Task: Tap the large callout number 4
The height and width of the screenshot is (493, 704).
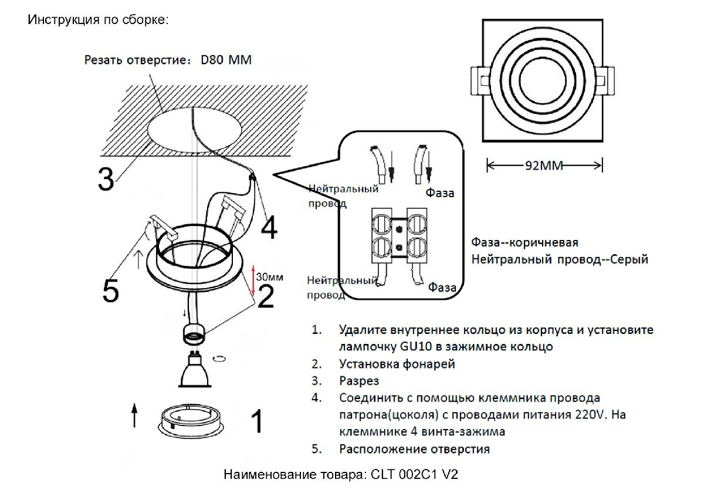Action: pos(269,228)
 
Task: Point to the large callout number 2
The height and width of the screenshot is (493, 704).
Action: pos(266,296)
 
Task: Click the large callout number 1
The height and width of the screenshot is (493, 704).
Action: pos(256,421)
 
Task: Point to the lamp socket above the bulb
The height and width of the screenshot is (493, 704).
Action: pos(194,335)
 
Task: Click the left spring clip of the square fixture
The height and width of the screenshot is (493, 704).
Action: pos(478,80)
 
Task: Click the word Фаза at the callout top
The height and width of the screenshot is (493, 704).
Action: pos(440,193)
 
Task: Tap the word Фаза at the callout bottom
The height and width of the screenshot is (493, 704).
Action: pos(442,288)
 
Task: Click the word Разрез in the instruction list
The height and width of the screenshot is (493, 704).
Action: pos(359,381)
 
